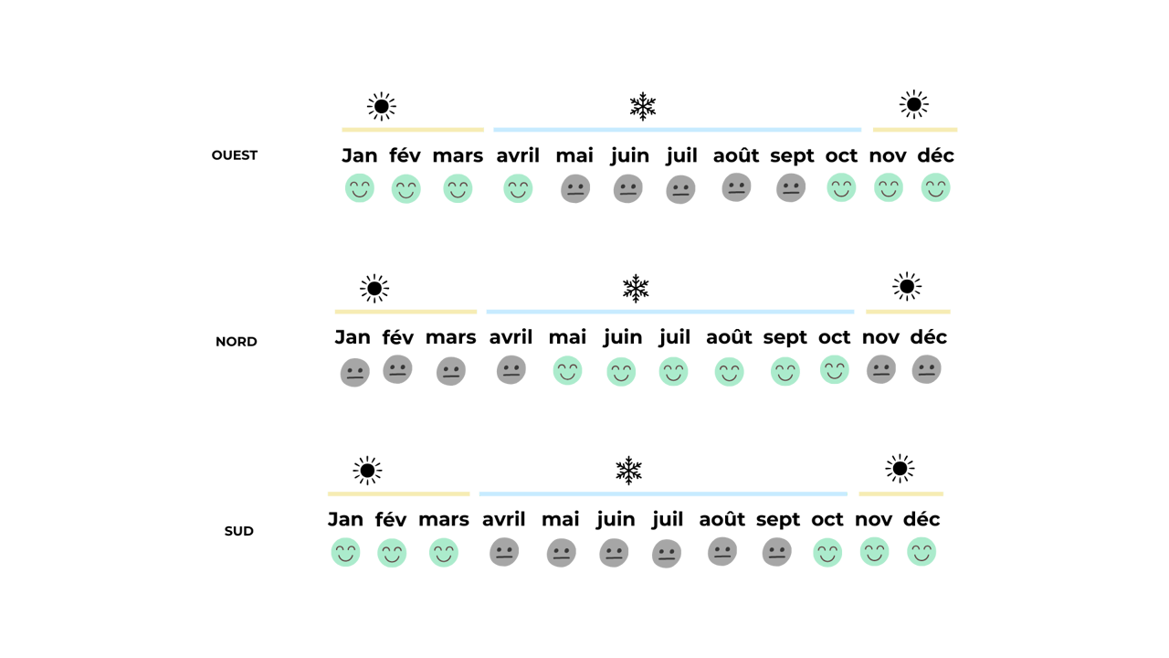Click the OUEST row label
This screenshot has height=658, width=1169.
click(x=235, y=155)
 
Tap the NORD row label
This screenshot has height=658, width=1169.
click(x=236, y=342)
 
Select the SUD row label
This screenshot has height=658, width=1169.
click(x=239, y=531)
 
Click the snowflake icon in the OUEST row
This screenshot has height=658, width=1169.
click(x=642, y=107)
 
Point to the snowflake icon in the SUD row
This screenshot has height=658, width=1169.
click(x=628, y=471)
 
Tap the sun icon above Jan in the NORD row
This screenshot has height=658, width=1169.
click(x=374, y=288)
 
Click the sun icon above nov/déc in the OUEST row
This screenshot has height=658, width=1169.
click(x=914, y=104)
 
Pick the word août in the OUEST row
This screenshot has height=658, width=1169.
click(x=736, y=155)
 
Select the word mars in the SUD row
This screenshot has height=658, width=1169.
click(x=444, y=520)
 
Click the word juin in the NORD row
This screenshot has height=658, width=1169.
click(x=623, y=338)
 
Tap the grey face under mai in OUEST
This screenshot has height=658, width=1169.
click(x=575, y=188)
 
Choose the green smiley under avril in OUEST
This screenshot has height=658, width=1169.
click(x=518, y=188)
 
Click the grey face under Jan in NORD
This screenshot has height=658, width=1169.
click(x=355, y=372)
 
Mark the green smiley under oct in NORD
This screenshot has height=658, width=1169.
click(x=835, y=370)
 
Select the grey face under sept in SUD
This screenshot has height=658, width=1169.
click(x=776, y=552)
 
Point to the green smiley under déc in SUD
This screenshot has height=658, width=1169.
click(x=922, y=552)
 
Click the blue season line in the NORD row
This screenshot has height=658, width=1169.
click(x=670, y=312)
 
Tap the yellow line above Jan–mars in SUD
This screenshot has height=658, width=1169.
click(x=399, y=494)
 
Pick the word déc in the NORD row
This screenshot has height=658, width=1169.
click(x=929, y=337)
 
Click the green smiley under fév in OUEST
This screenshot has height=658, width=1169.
click(x=406, y=189)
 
